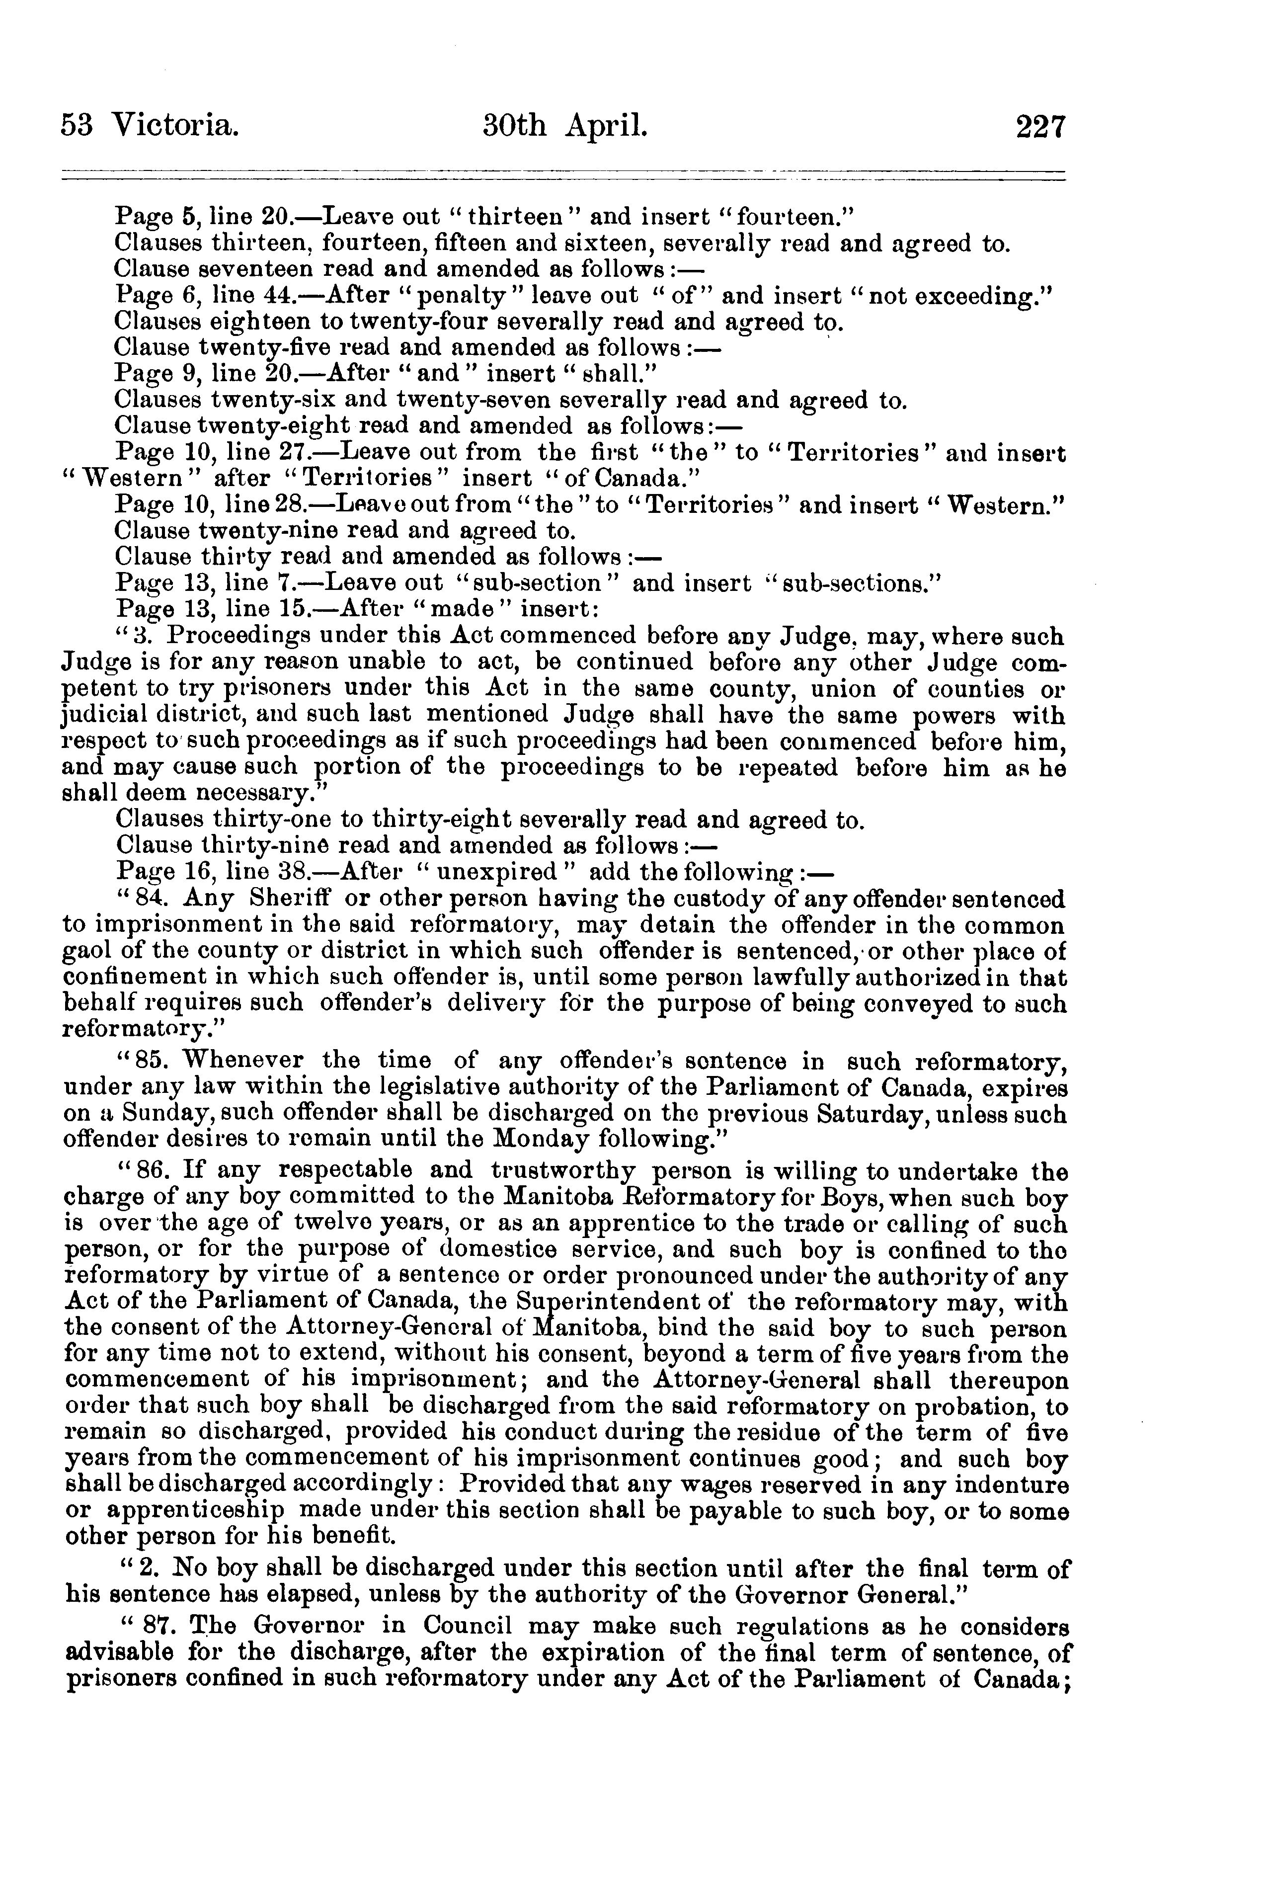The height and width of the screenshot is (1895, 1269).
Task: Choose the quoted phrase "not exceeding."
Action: [956, 296]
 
